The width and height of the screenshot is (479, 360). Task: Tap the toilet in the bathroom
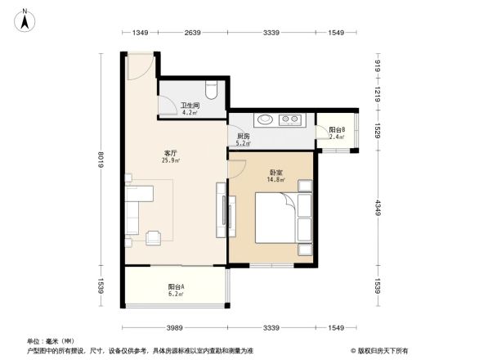(x=211, y=88)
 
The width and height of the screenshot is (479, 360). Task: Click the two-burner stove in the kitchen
(x=289, y=120)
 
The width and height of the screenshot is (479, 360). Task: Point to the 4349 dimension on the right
(x=378, y=208)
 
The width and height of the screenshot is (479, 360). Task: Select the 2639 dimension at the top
(x=193, y=33)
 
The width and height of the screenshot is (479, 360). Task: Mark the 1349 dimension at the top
(x=141, y=33)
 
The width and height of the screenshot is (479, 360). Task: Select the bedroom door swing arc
(x=238, y=167)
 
